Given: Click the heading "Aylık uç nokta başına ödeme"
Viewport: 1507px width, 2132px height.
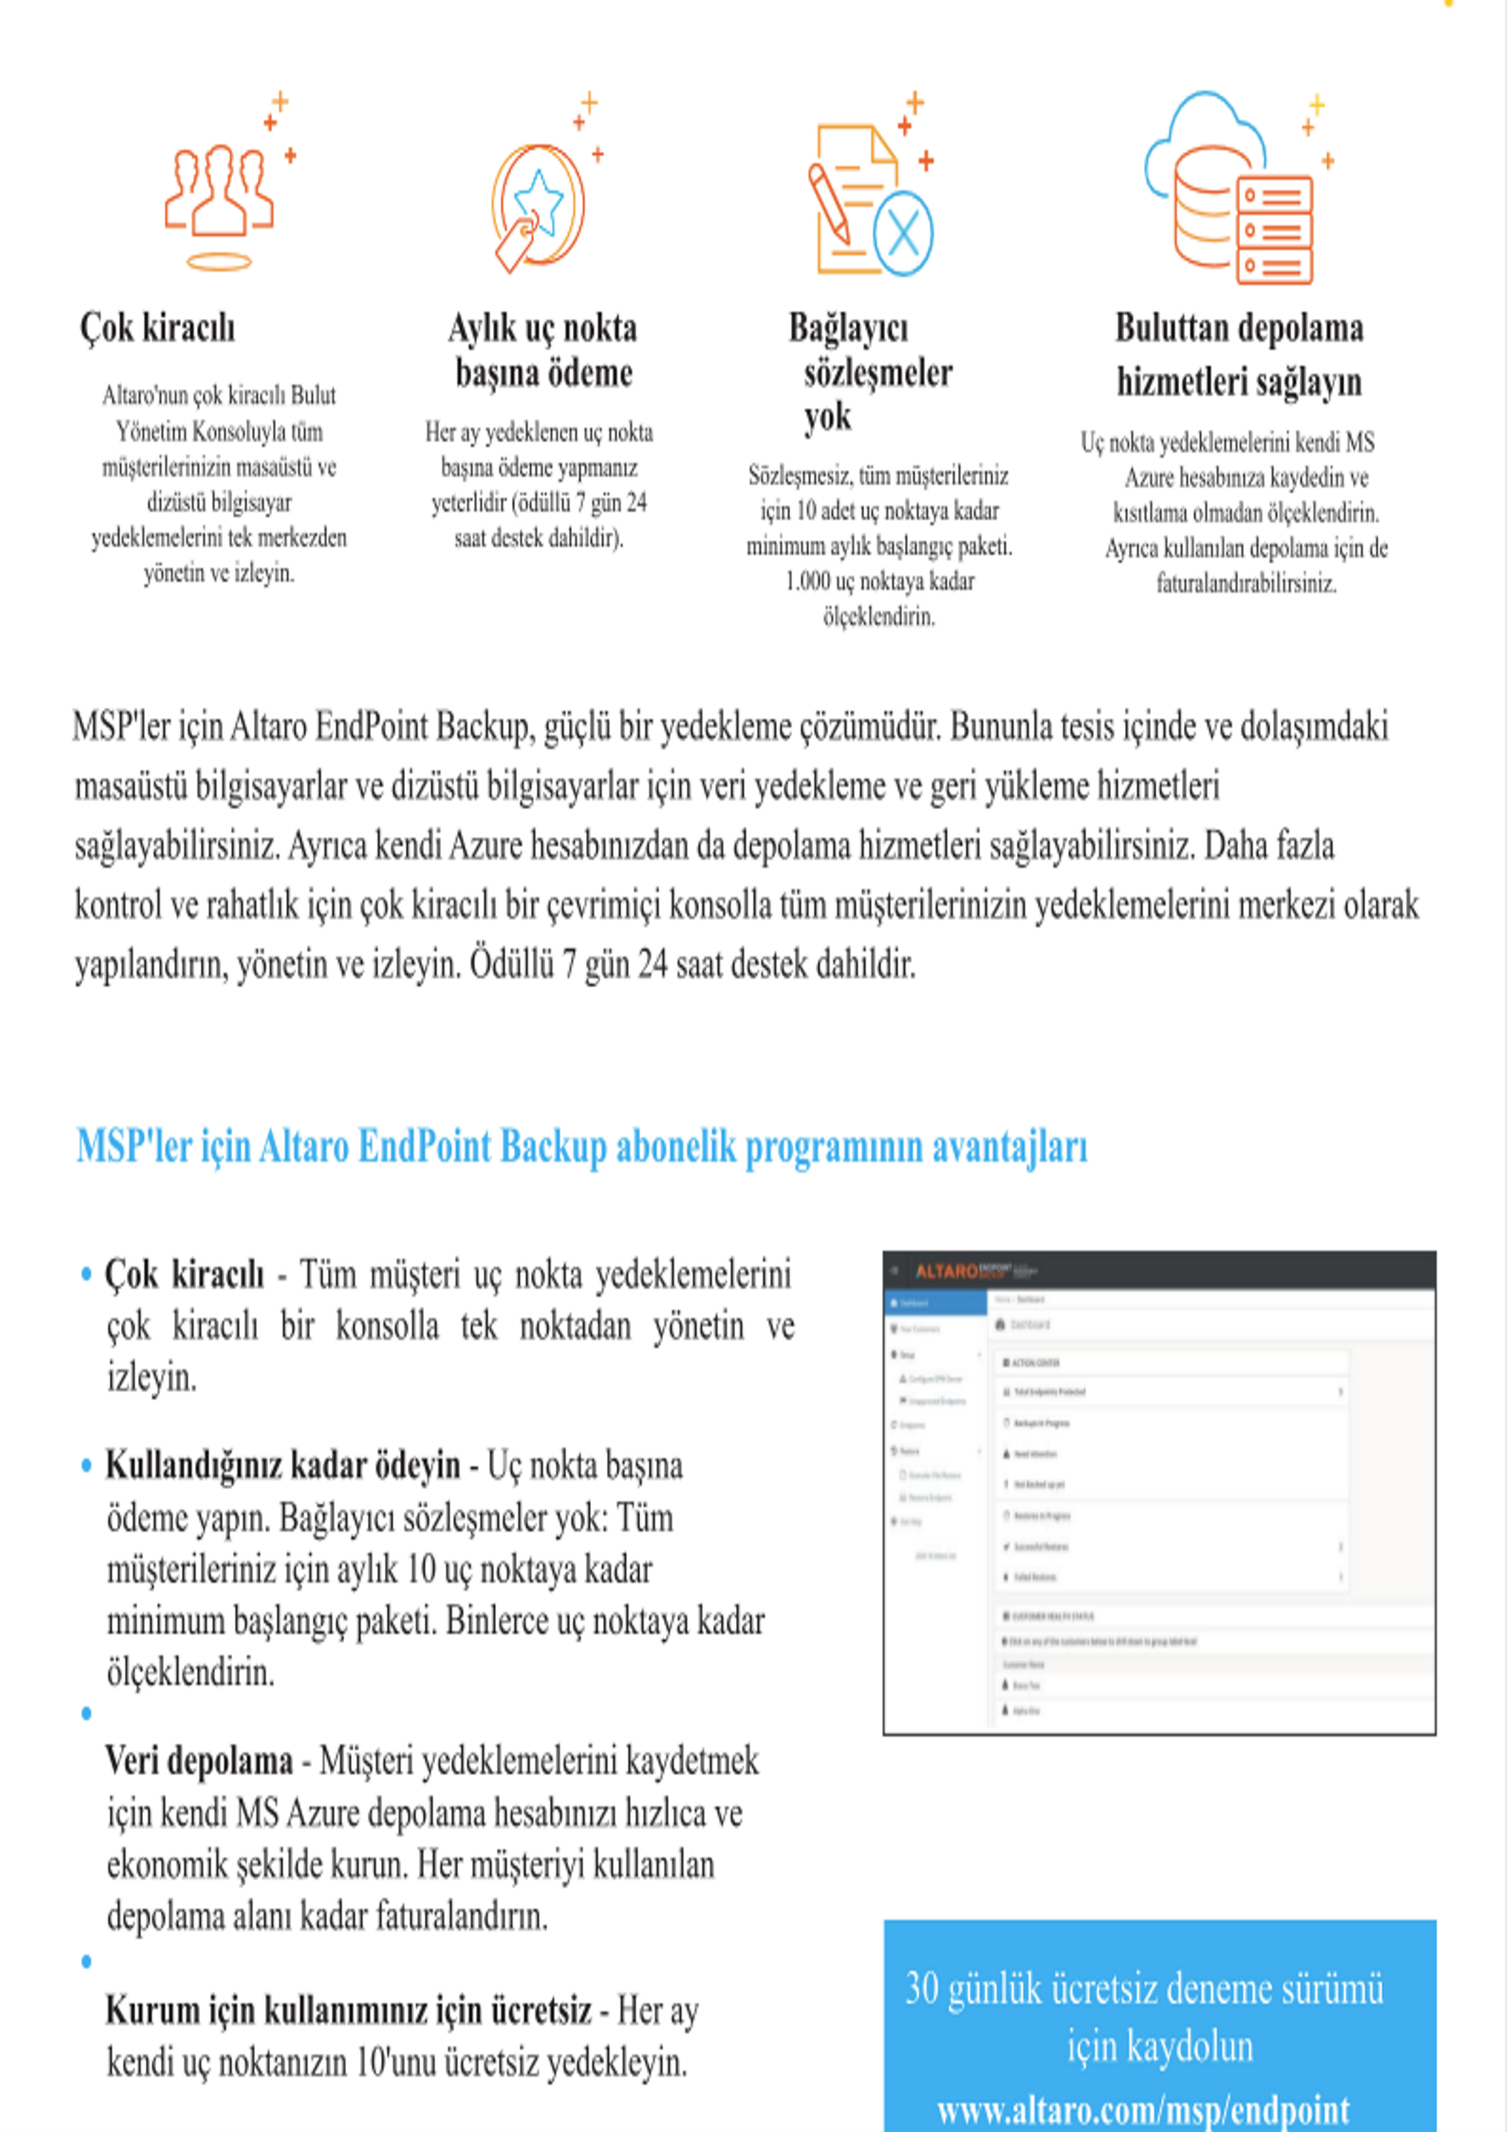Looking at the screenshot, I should click(x=543, y=350).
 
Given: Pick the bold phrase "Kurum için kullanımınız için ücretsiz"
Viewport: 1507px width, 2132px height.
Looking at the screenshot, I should click(x=348, y=2010).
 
